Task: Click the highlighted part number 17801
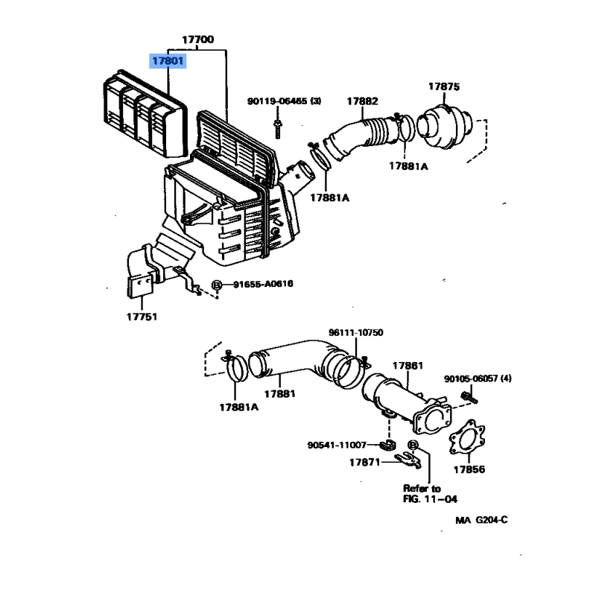click(168, 61)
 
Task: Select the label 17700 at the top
click(197, 39)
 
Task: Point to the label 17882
click(362, 101)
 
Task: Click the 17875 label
click(444, 86)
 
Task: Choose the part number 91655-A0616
click(263, 284)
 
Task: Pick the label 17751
click(142, 317)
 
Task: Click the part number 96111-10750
click(356, 332)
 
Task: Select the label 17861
click(408, 366)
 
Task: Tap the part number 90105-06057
click(471, 378)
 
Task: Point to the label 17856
click(469, 469)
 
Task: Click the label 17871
click(364, 462)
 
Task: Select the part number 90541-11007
click(337, 445)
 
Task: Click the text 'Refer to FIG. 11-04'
click(430, 494)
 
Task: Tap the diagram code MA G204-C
click(481, 520)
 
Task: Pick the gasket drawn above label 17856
click(467, 437)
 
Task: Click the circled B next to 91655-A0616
click(216, 285)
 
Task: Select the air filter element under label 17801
click(145, 114)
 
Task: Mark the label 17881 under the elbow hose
click(280, 394)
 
